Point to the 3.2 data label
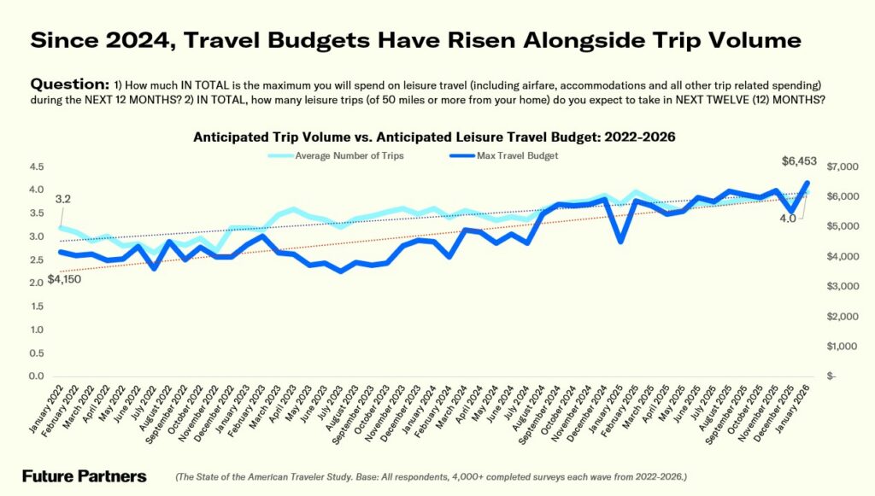point(62,200)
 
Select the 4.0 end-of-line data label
point(787,219)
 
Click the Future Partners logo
point(84,476)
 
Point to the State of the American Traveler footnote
point(432,477)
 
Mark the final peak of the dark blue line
point(807,183)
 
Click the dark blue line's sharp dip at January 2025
point(620,241)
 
